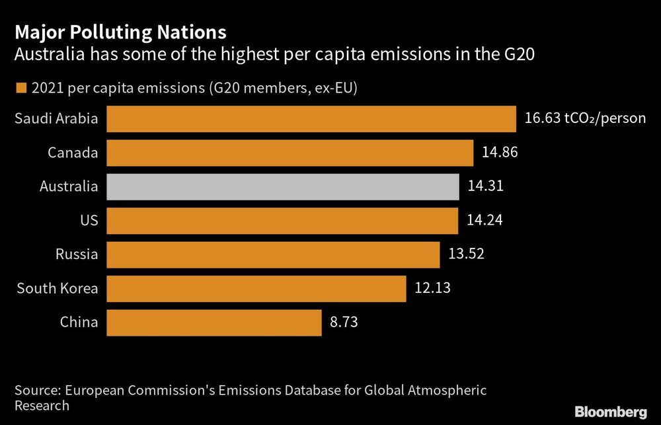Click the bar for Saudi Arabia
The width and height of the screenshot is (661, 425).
click(311, 119)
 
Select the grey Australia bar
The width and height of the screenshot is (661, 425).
click(282, 187)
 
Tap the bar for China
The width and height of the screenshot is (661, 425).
click(214, 323)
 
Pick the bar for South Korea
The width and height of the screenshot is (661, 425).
click(256, 289)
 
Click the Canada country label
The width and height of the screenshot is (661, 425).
click(73, 153)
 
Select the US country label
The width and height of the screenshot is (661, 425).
click(89, 221)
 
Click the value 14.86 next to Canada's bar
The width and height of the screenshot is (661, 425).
click(500, 152)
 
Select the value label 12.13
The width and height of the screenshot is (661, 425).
click(432, 288)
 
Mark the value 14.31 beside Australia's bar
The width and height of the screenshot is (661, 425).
click(486, 186)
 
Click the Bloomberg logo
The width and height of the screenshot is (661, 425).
click(610, 412)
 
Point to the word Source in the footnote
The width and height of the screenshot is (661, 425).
click(37, 390)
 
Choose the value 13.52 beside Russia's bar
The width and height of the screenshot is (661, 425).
click(467, 254)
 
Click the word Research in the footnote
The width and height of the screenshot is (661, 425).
click(42, 406)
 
